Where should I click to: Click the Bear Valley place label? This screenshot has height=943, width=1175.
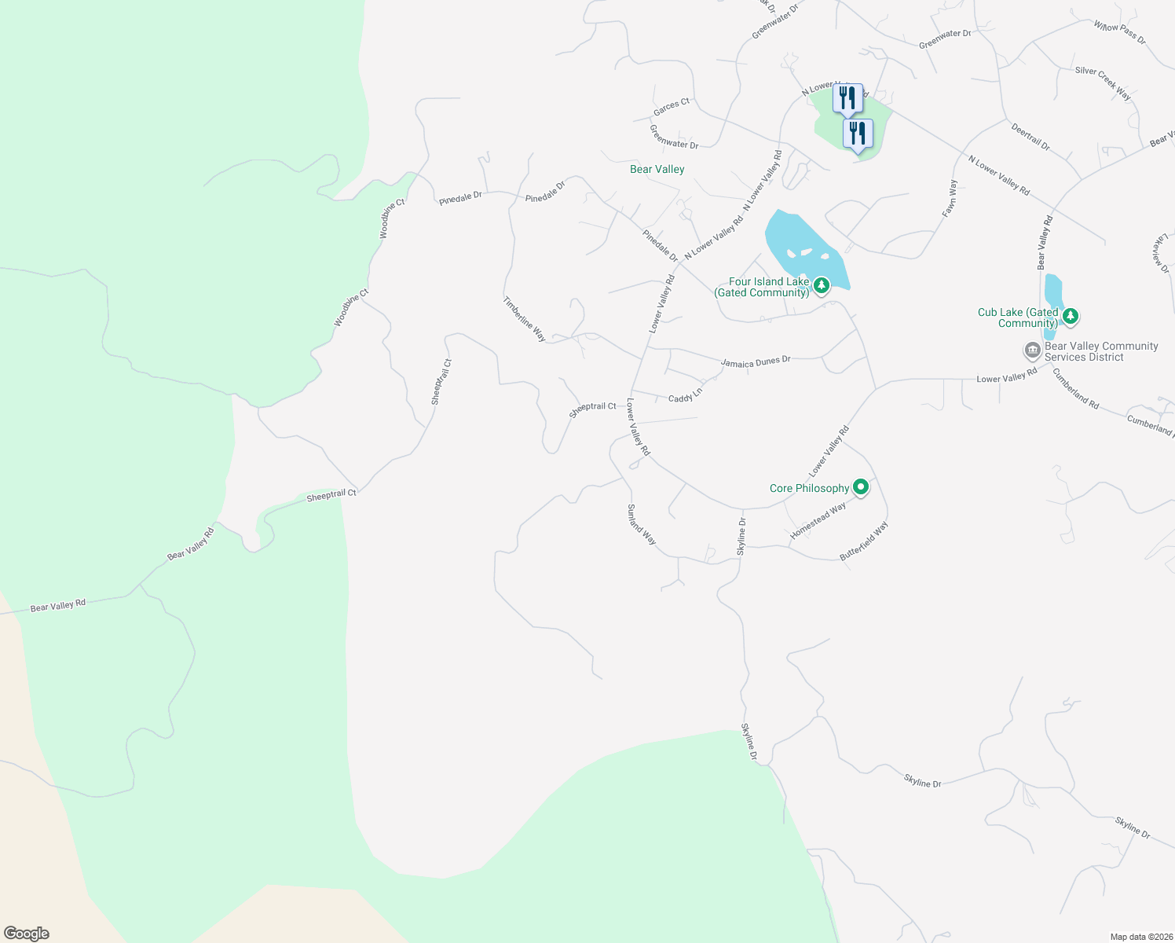pyautogui.click(x=657, y=169)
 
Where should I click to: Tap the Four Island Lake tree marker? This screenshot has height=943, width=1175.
pyautogui.click(x=821, y=285)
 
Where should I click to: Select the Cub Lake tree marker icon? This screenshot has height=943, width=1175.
pyautogui.click(x=1070, y=317)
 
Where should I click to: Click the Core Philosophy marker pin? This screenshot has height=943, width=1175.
pyautogui.click(x=861, y=488)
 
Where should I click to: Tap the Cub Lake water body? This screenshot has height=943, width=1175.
pyautogui.click(x=1053, y=295)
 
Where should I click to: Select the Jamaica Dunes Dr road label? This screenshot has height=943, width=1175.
pyautogui.click(x=756, y=361)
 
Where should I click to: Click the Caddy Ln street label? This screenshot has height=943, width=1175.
pyautogui.click(x=685, y=396)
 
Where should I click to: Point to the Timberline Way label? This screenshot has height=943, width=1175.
pyautogui.click(x=525, y=318)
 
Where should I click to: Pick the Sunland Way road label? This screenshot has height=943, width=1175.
pyautogui.click(x=641, y=525)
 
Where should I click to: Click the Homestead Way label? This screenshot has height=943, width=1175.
pyautogui.click(x=818, y=520)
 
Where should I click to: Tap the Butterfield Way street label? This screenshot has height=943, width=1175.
pyautogui.click(x=864, y=541)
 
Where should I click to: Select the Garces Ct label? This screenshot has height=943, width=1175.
pyautogui.click(x=671, y=107)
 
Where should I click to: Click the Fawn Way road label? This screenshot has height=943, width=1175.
pyautogui.click(x=951, y=198)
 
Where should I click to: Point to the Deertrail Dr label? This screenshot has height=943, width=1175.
pyautogui.click(x=1030, y=136)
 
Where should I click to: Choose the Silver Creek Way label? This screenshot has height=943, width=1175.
pyautogui.click(x=1103, y=83)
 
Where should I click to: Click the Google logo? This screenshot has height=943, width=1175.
pyautogui.click(x=27, y=934)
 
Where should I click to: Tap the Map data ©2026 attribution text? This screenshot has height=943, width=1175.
pyautogui.click(x=1140, y=937)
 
